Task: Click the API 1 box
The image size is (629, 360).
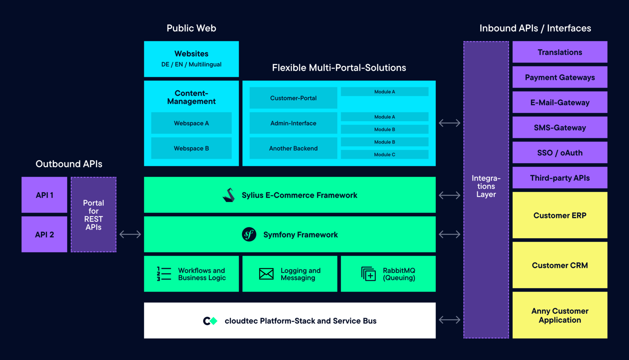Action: [x=44, y=195]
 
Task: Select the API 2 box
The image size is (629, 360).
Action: [x=44, y=235]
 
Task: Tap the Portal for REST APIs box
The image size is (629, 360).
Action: [x=94, y=215]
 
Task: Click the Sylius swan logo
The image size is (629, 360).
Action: [x=229, y=195]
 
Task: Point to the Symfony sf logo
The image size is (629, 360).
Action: [x=249, y=235]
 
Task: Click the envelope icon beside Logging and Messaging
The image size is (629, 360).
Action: [x=266, y=274]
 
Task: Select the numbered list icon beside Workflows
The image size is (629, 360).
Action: [x=164, y=274]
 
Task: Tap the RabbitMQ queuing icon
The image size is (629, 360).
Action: [x=368, y=274]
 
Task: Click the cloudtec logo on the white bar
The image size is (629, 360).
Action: [x=210, y=321]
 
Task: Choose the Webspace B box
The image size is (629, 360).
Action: [x=191, y=148]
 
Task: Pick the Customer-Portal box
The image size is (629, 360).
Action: [x=293, y=98]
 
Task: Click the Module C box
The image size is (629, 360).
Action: [x=384, y=154]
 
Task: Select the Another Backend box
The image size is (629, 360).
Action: [x=293, y=148]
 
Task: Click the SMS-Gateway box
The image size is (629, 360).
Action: [x=560, y=127]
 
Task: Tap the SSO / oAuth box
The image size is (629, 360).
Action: [x=560, y=152]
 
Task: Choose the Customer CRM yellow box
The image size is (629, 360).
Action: [x=560, y=265]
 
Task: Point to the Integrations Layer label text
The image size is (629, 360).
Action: [x=486, y=186]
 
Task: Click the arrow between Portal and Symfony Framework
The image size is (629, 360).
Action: [x=130, y=234]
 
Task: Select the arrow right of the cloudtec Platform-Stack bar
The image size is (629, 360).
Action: [x=449, y=320]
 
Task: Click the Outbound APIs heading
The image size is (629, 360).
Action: [x=69, y=164]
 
